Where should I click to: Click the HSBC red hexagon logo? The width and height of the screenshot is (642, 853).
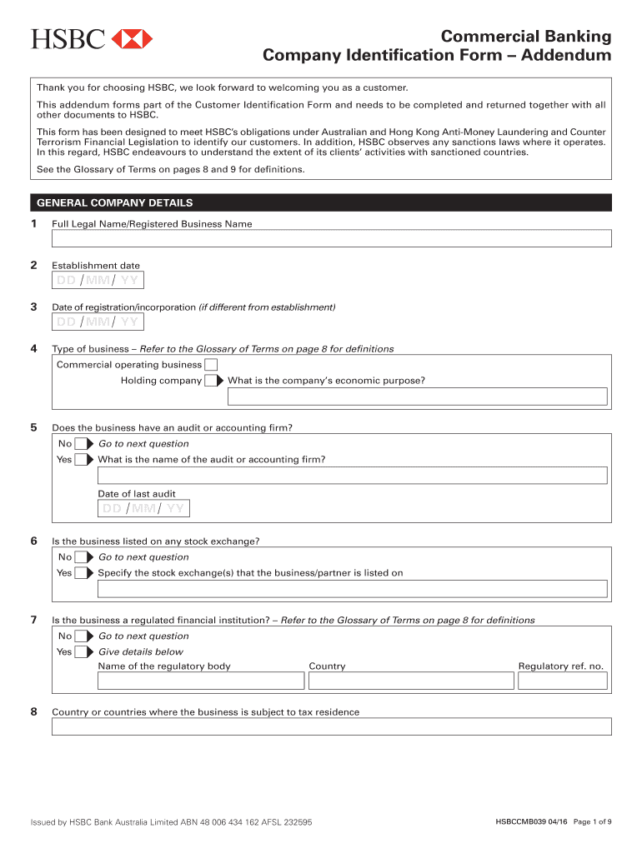click(x=132, y=38)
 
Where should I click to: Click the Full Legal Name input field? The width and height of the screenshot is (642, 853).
click(x=331, y=239)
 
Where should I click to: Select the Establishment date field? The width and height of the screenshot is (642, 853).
click(x=98, y=280)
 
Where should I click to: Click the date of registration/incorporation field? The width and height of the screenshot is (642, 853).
click(x=98, y=322)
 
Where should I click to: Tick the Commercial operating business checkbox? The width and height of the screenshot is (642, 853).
click(x=212, y=365)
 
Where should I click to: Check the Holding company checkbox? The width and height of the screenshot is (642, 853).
click(x=211, y=381)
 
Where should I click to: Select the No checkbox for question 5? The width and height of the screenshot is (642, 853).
click(x=82, y=444)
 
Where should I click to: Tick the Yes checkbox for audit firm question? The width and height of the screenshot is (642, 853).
click(x=82, y=460)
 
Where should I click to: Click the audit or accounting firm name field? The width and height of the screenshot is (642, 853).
click(x=352, y=476)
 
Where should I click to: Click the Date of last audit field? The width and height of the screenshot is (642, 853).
click(x=143, y=508)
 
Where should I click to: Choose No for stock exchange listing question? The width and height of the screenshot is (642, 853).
click(x=82, y=557)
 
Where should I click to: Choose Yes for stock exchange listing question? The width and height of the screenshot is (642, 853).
click(x=82, y=573)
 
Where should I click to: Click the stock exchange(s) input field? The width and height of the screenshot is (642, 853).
click(x=352, y=589)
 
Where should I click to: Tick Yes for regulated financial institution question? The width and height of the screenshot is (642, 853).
click(x=82, y=652)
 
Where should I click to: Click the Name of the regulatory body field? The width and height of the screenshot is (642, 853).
click(x=201, y=681)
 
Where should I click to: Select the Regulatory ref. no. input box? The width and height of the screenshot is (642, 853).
click(x=562, y=681)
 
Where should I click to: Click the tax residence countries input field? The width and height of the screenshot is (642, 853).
click(x=331, y=726)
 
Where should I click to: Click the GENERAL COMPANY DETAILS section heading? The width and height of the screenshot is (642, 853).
click(x=113, y=202)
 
